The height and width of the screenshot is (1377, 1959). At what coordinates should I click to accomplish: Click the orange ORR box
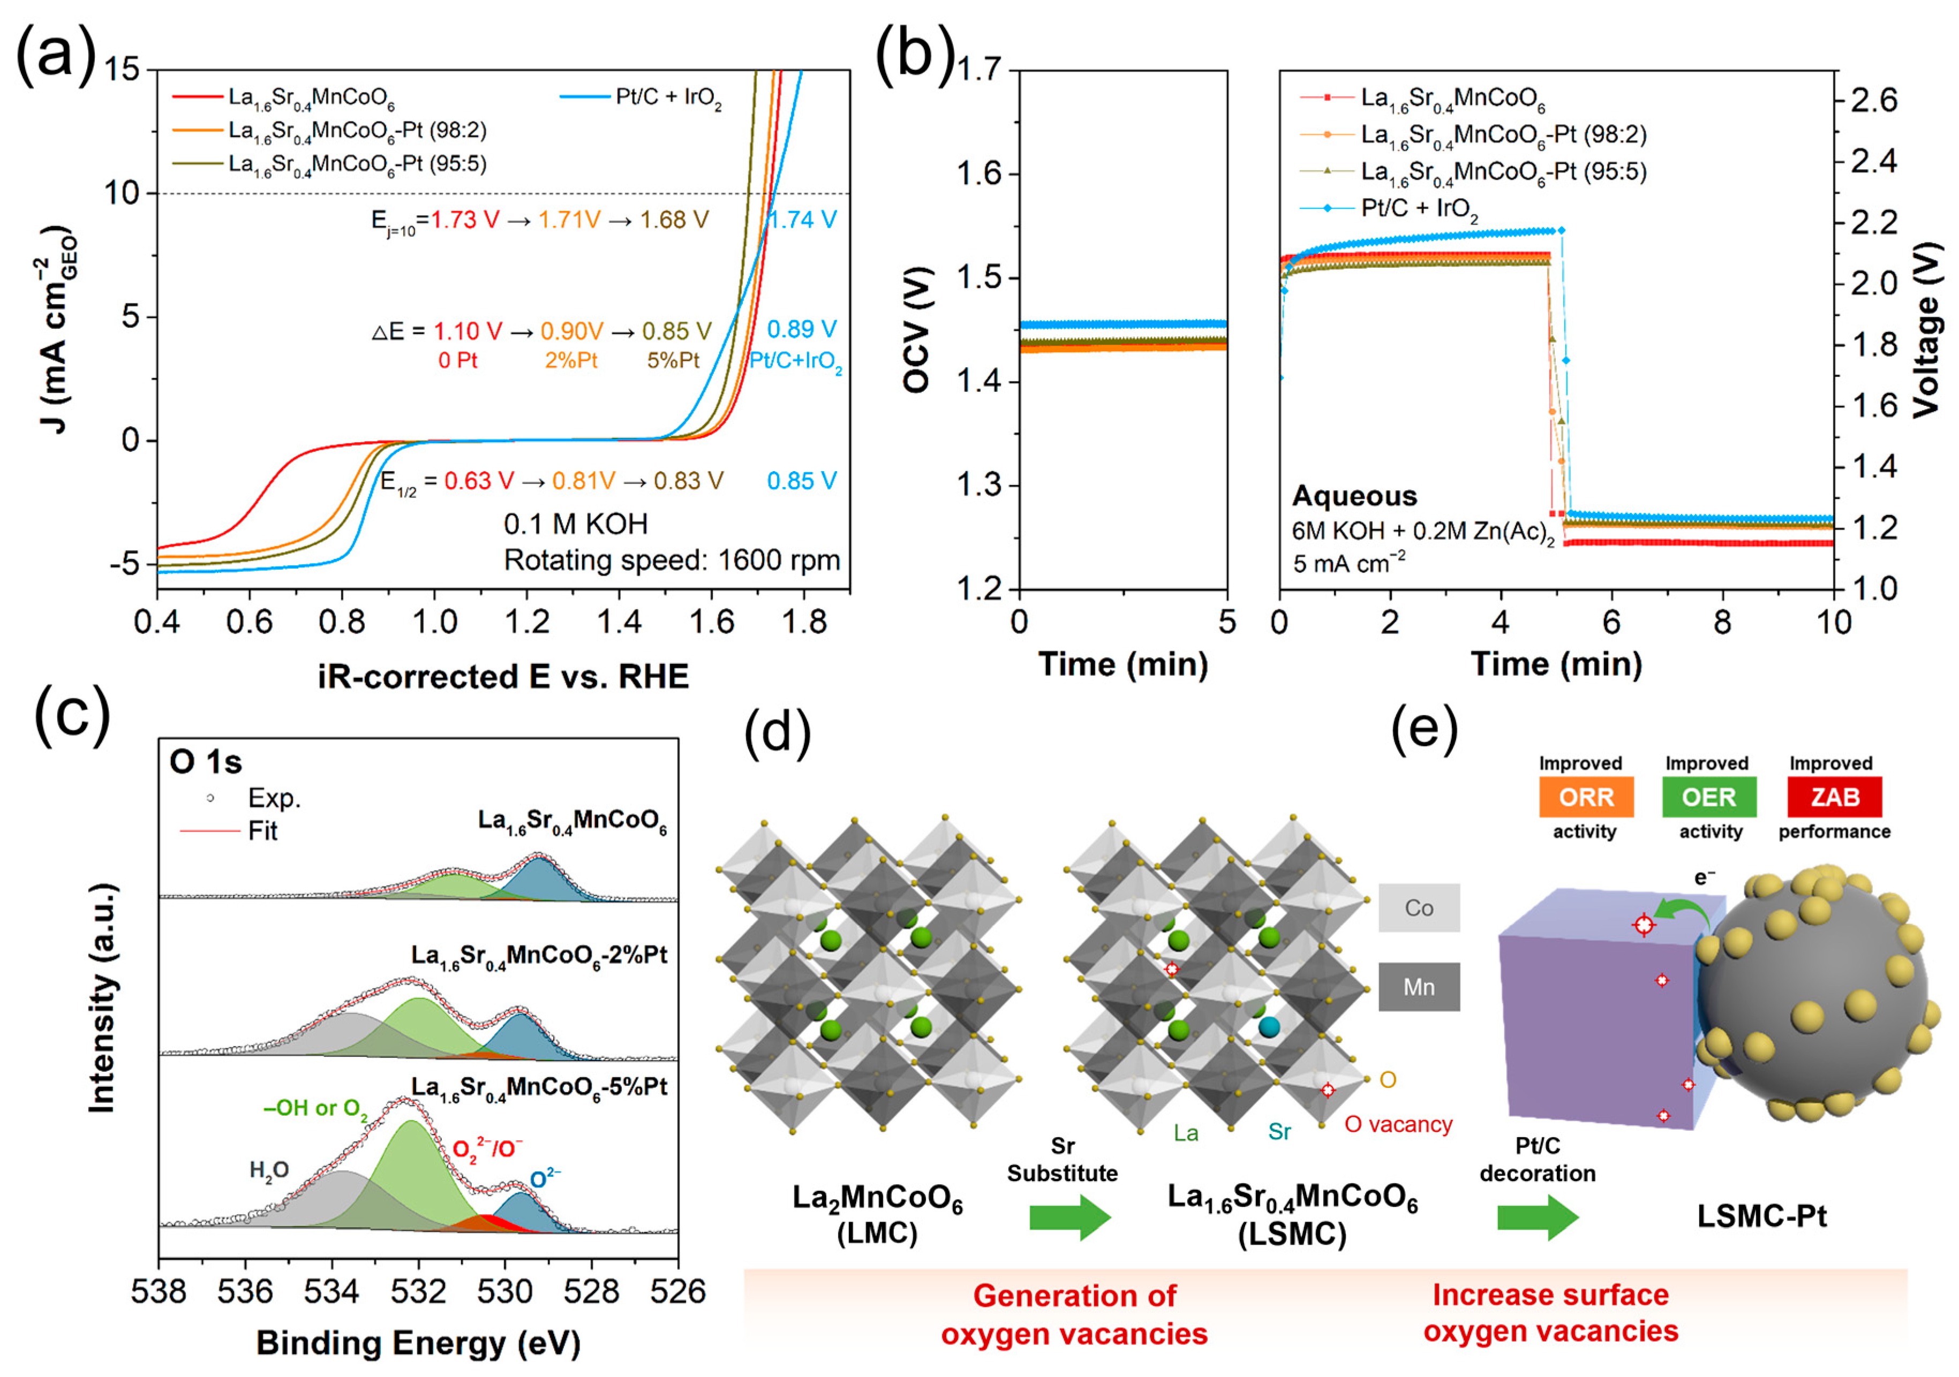(1585, 797)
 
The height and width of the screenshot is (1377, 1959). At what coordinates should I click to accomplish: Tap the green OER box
(1709, 797)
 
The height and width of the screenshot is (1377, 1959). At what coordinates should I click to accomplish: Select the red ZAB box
(1834, 797)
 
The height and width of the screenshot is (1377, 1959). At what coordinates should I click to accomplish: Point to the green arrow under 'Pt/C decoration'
(1538, 1217)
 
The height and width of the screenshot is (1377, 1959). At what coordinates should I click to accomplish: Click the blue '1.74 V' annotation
(802, 220)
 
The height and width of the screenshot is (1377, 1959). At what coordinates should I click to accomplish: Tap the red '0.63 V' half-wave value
(479, 481)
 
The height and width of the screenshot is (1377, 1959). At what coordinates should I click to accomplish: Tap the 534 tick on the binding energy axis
(332, 1292)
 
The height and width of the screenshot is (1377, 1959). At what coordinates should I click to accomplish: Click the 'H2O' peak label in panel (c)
(269, 1170)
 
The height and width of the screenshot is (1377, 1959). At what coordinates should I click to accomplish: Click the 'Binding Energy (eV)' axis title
(418, 1343)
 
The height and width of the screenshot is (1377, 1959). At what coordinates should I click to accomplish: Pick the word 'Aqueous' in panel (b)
(1354, 496)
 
